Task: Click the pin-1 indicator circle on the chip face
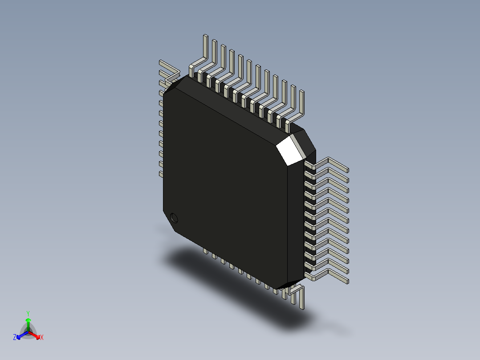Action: (x=174, y=218)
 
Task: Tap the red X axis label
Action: (x=42, y=338)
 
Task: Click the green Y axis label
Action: (x=28, y=313)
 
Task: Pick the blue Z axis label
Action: (x=15, y=338)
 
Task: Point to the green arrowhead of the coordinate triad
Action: (x=28, y=320)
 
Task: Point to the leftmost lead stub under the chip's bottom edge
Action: (x=205, y=252)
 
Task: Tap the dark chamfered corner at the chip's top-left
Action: (x=171, y=84)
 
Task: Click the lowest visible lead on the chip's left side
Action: (x=161, y=173)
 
